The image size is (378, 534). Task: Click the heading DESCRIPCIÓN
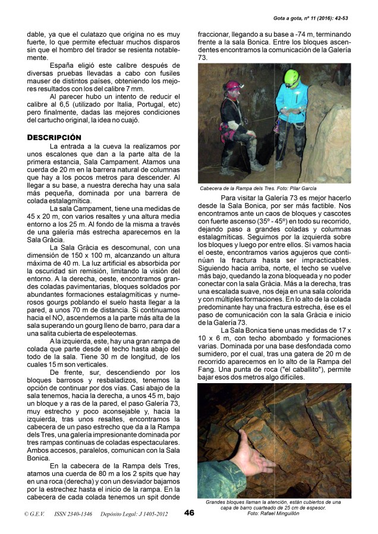[x=55, y=137]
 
